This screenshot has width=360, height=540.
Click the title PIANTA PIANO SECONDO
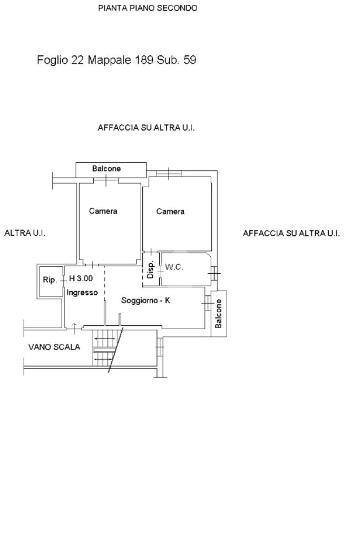coord(148,8)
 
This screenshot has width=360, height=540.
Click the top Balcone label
coord(106,169)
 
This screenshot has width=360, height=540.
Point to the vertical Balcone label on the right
coord(219,313)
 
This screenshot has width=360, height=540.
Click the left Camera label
coord(103,211)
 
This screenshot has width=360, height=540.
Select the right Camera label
coord(170,211)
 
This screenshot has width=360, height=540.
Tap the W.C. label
coord(174,267)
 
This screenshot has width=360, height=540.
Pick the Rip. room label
coord(50,279)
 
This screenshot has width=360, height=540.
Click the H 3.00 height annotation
coord(81,278)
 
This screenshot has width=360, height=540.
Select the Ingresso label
coord(82,292)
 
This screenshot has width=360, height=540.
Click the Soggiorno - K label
coord(145,301)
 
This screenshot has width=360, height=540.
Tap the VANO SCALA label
coord(54,347)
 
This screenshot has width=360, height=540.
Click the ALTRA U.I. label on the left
coord(25,233)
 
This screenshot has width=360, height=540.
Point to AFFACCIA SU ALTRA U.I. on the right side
coord(291,233)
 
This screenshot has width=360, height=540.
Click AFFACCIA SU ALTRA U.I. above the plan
coord(147,128)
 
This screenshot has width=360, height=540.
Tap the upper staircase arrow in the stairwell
coord(104,338)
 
